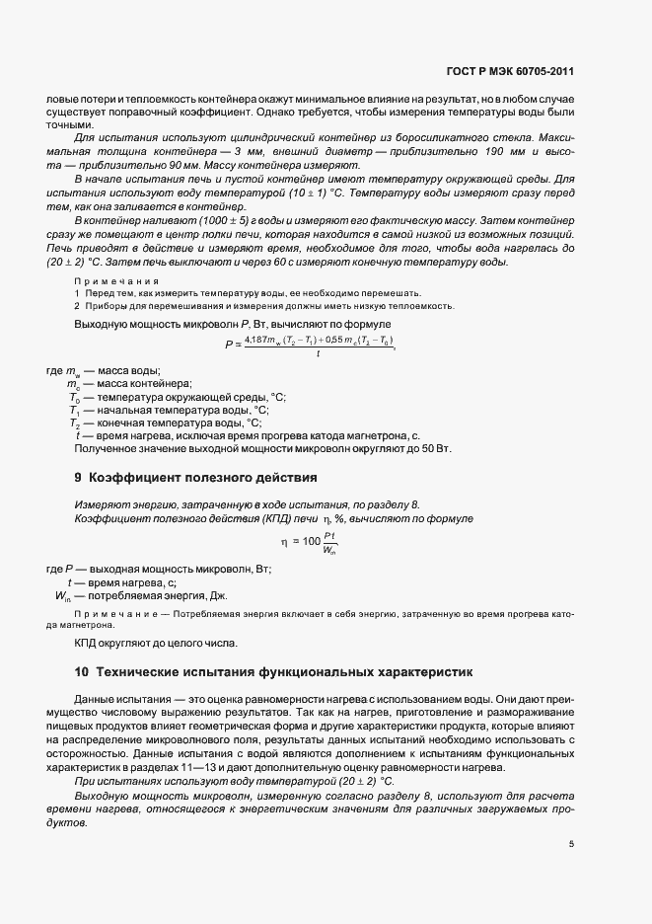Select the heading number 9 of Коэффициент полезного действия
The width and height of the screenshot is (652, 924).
(x=79, y=478)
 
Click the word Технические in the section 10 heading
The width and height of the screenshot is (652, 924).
(x=139, y=671)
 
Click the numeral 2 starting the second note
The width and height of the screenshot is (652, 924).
(x=78, y=306)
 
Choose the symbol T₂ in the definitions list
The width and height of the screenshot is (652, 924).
(x=74, y=422)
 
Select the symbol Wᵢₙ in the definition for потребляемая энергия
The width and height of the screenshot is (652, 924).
(x=61, y=596)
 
